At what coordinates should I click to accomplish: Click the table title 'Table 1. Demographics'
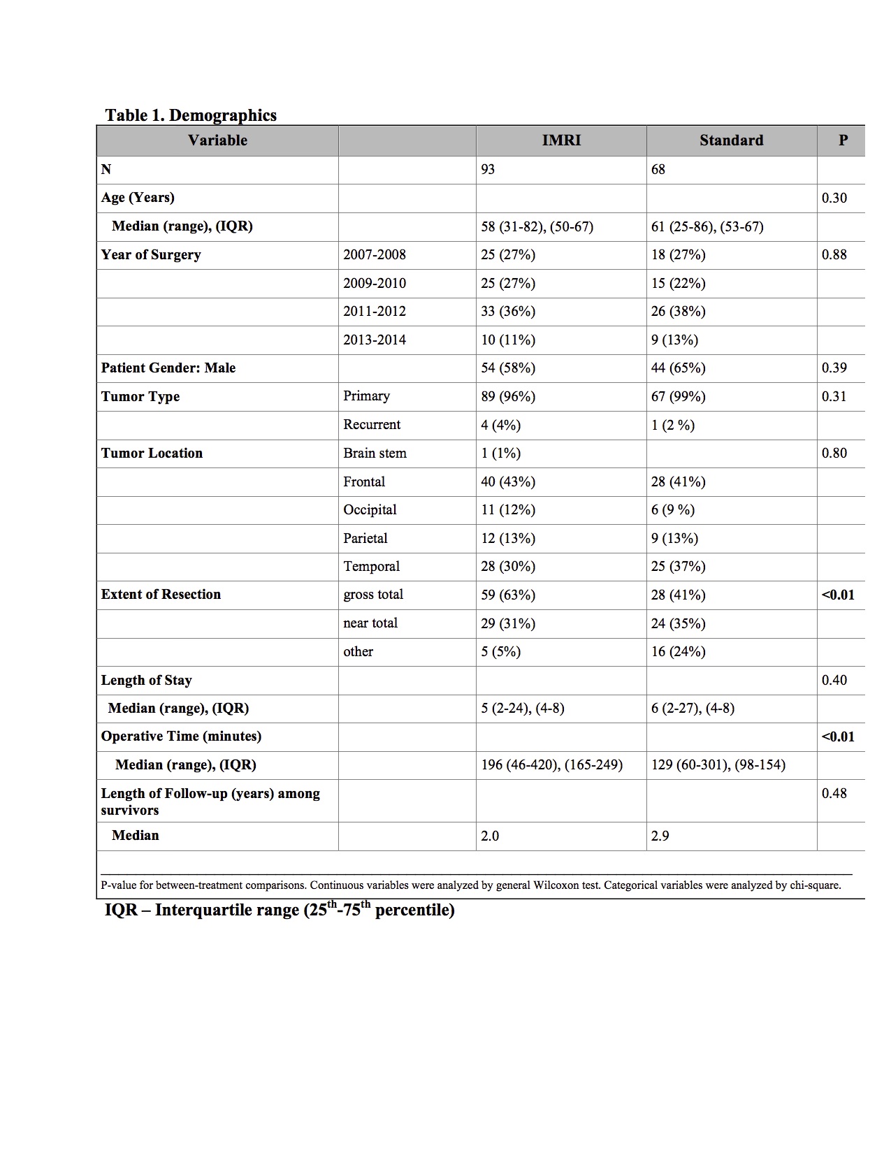click(191, 115)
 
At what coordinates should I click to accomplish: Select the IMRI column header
click(561, 140)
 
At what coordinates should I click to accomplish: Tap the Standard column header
click(731, 140)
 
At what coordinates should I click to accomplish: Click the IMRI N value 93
click(488, 170)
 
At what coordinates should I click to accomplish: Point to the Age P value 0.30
click(834, 198)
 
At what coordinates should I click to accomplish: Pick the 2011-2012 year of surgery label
click(375, 312)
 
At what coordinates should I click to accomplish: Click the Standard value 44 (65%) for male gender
click(678, 368)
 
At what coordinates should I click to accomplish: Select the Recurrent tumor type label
click(372, 425)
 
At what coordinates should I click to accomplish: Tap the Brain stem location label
click(375, 454)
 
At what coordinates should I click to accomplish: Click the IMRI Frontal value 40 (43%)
click(508, 482)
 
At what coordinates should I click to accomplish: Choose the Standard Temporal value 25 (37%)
click(678, 567)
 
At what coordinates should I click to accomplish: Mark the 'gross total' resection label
click(373, 595)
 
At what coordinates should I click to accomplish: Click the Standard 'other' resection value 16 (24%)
click(678, 652)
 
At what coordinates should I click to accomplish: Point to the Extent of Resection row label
click(161, 595)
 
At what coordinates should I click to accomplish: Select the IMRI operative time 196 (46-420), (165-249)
click(551, 765)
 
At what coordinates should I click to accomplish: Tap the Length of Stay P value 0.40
click(834, 681)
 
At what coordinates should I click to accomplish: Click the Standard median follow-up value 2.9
click(660, 836)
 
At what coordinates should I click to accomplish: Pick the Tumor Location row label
click(152, 454)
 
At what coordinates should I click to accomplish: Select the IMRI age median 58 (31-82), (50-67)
click(537, 227)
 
